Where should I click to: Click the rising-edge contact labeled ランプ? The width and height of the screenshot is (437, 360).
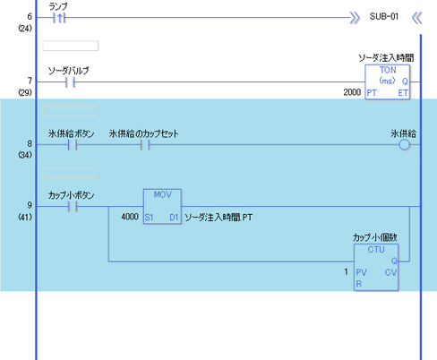click(x=59, y=18)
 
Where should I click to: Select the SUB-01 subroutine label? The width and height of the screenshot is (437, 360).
click(x=384, y=16)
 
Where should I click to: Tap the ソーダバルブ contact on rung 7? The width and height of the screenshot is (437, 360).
click(x=70, y=82)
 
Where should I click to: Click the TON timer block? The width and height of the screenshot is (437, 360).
click(x=388, y=82)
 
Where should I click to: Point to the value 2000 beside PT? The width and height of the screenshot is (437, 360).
click(x=352, y=92)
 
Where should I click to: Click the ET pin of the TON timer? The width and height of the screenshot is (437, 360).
click(x=403, y=93)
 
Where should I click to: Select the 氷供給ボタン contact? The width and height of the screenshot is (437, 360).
click(x=73, y=145)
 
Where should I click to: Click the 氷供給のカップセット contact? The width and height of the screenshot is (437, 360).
click(x=145, y=145)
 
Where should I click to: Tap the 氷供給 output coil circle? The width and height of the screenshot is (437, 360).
click(x=405, y=145)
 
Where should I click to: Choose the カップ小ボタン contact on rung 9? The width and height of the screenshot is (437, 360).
click(x=73, y=207)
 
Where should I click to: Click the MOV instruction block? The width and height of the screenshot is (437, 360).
click(x=162, y=207)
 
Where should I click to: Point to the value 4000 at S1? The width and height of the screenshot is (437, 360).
click(x=130, y=217)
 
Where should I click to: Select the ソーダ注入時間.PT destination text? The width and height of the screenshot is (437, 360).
click(x=218, y=218)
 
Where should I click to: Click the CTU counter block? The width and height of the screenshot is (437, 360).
click(x=376, y=267)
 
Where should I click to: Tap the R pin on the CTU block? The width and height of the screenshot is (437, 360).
click(x=359, y=284)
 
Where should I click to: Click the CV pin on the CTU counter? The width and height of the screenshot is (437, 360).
click(x=390, y=272)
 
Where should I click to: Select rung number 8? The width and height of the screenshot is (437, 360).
click(x=30, y=144)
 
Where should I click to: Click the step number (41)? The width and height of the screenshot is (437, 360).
click(x=25, y=217)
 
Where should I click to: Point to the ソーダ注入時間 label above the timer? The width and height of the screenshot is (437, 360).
click(x=386, y=58)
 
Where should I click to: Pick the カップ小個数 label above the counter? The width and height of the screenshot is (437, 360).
click(x=375, y=237)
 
